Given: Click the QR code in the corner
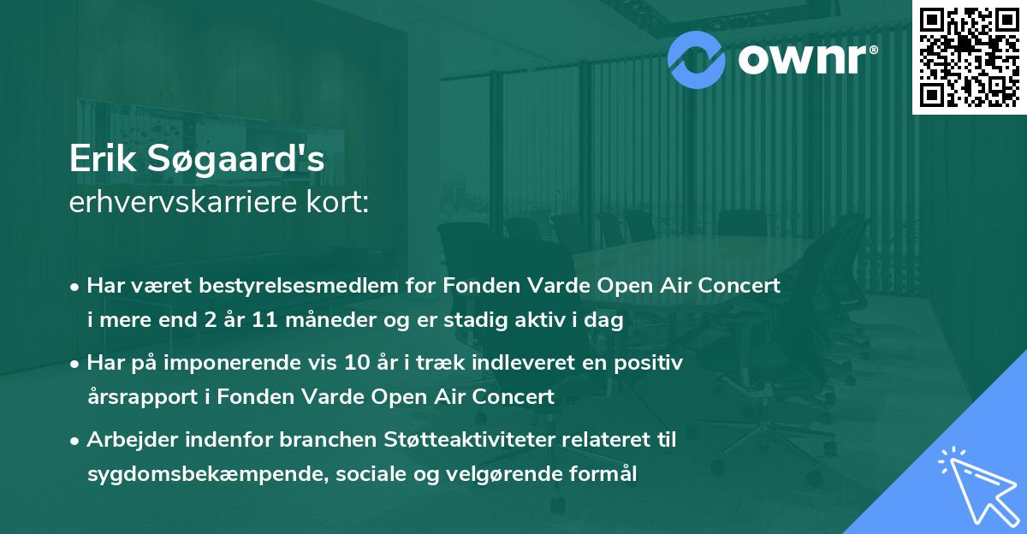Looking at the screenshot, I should [x=969, y=56].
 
